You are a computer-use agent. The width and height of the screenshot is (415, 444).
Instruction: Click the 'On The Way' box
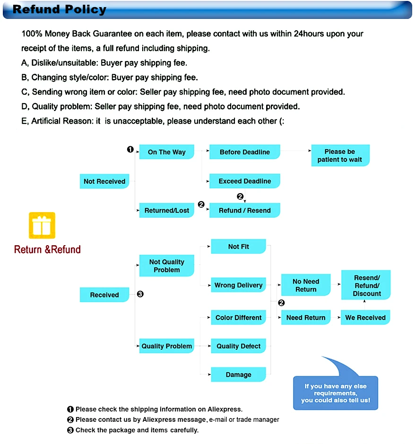[166, 152]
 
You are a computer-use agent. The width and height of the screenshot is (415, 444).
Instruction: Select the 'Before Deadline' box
[244, 152]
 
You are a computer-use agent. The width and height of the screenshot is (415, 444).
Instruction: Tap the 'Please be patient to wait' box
[340, 156]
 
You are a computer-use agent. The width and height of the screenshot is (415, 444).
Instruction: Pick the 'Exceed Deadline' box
[244, 181]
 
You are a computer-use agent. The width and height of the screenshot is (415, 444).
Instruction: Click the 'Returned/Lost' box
[166, 210]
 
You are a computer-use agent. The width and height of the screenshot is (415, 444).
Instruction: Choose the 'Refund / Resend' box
[244, 210]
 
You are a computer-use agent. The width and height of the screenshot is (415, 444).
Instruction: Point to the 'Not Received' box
[104, 181]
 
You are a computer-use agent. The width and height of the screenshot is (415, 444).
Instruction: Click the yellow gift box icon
[42, 225]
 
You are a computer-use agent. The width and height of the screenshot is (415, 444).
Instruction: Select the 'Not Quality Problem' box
[166, 266]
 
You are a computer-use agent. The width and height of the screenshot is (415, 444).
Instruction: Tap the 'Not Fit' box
[238, 247]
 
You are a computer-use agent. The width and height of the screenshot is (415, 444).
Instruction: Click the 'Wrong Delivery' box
[238, 285]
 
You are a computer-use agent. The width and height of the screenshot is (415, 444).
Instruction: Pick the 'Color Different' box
[238, 318]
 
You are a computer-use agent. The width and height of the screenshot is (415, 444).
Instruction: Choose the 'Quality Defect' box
[238, 346]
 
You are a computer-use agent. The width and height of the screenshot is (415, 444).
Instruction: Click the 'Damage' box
[238, 374]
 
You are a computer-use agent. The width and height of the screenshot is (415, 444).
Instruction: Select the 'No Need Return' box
[306, 285]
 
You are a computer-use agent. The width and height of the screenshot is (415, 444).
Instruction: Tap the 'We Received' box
[365, 318]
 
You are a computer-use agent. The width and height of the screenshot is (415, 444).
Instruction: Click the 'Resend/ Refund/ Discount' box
[366, 285]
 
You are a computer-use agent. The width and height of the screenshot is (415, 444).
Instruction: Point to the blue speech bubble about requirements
[336, 392]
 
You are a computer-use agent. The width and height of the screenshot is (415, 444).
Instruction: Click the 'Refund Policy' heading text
[60, 9]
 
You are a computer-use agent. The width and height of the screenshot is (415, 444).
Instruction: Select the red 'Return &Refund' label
[47, 249]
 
